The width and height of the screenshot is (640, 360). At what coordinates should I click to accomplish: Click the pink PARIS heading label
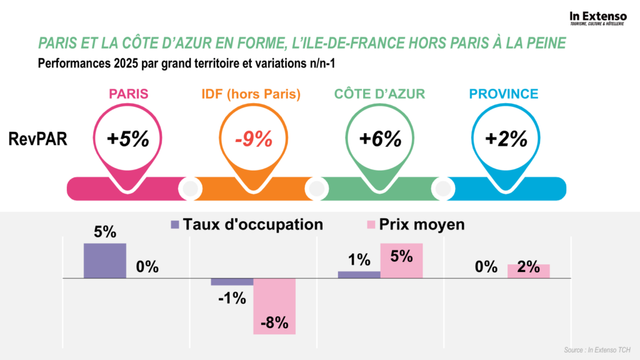(129, 94)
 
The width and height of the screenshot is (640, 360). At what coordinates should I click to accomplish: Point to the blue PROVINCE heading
(504, 94)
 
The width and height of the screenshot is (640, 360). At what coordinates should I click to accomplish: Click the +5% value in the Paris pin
(129, 139)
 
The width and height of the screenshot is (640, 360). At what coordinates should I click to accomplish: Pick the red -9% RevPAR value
(254, 139)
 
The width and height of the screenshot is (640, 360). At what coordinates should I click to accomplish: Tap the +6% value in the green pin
(380, 139)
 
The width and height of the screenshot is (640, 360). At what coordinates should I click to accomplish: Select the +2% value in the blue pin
(506, 139)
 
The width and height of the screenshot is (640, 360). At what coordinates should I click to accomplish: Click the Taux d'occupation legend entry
(246, 224)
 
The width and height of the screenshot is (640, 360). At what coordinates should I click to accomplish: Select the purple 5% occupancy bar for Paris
(105, 261)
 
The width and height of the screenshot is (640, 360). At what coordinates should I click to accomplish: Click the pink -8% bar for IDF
(274, 306)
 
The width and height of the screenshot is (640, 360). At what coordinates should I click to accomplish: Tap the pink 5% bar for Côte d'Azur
(402, 261)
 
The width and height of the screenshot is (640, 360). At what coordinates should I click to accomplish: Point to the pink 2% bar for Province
(529, 271)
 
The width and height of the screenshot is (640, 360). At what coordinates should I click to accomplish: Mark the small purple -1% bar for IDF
(232, 282)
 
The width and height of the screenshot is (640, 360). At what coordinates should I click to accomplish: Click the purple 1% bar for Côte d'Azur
(359, 274)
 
